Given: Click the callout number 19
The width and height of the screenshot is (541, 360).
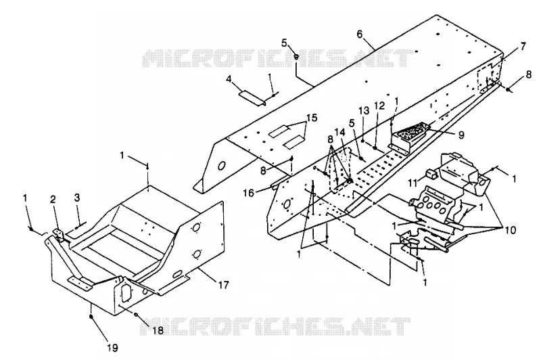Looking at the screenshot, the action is click(112, 348).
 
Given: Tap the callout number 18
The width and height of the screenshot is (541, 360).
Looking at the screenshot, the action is click(158, 330).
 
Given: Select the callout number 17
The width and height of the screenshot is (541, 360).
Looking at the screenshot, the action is click(224, 286).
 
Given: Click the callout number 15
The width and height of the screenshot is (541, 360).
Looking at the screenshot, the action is click(312, 117).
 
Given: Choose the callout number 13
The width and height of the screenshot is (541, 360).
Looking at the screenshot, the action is click(363, 110).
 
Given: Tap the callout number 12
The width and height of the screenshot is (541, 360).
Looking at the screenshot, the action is click(379, 106).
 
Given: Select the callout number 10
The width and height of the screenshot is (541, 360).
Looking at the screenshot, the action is click(510, 229).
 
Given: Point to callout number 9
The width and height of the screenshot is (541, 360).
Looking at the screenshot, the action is click(462, 135).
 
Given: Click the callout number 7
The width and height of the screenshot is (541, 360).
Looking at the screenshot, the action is click(523, 46).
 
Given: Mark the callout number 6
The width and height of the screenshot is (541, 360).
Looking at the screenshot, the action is click(360, 35).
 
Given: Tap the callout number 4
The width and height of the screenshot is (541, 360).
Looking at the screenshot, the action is click(229, 79).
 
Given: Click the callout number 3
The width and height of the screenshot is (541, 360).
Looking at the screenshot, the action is click(77, 198).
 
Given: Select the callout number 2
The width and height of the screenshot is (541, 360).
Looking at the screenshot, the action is click(53, 199).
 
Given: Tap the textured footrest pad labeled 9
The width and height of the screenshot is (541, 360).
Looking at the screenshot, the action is click(410, 135).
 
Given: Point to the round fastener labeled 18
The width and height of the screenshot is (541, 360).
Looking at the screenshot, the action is click(137, 315).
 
